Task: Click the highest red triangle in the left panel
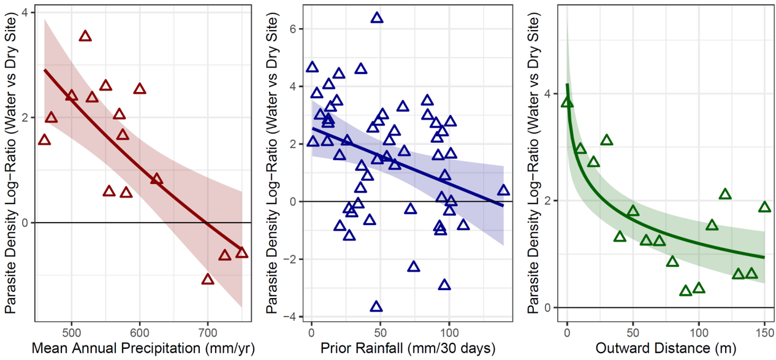pyautogui.click(x=85, y=36)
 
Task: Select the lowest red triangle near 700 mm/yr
pyautogui.click(x=208, y=280)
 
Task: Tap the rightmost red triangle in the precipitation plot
pyautogui.click(x=242, y=253)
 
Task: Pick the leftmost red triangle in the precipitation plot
pyautogui.click(x=44, y=140)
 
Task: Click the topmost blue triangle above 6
pyautogui.click(x=377, y=18)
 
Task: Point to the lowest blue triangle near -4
pyautogui.click(x=376, y=307)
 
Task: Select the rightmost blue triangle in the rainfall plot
pyautogui.click(x=503, y=191)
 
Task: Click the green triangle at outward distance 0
pyautogui.click(x=568, y=102)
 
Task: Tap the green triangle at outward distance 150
pyautogui.click(x=764, y=207)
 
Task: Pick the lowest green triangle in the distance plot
pyautogui.click(x=686, y=291)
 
